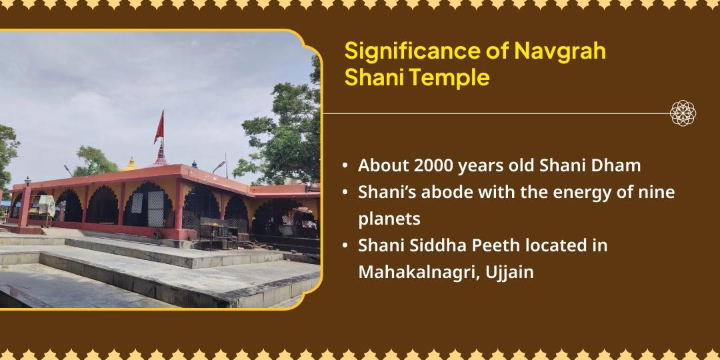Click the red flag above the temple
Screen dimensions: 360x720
coord(159,126)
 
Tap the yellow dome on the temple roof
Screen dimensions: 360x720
coord(131,164)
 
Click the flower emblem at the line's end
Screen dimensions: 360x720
coord(683,113)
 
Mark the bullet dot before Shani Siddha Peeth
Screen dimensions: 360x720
coord(344,245)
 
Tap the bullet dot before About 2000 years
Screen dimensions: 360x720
coord(344,165)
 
